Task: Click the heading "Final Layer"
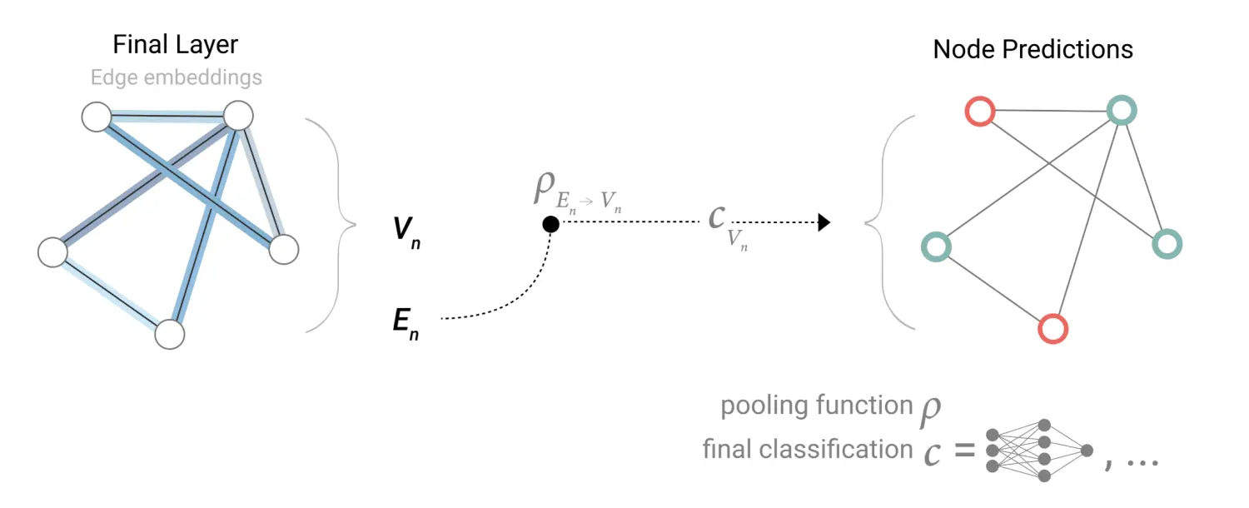coord(176,45)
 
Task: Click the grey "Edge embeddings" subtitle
coord(176,78)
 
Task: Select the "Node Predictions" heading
coord(1033,49)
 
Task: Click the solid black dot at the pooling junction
coord(550,223)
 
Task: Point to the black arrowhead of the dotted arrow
coord(824,222)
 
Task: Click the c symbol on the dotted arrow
coord(716,218)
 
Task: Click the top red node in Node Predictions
coord(979,111)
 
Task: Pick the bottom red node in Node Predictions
coord(1053,328)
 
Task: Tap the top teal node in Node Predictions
coord(1122,111)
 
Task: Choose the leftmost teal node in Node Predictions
coord(937,247)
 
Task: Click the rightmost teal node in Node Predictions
coord(1167,244)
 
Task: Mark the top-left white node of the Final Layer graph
coord(97,117)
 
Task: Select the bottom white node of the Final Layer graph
coord(169,334)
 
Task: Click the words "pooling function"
coord(816,406)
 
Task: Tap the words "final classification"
coord(807,450)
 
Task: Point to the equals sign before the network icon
coord(964,451)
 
